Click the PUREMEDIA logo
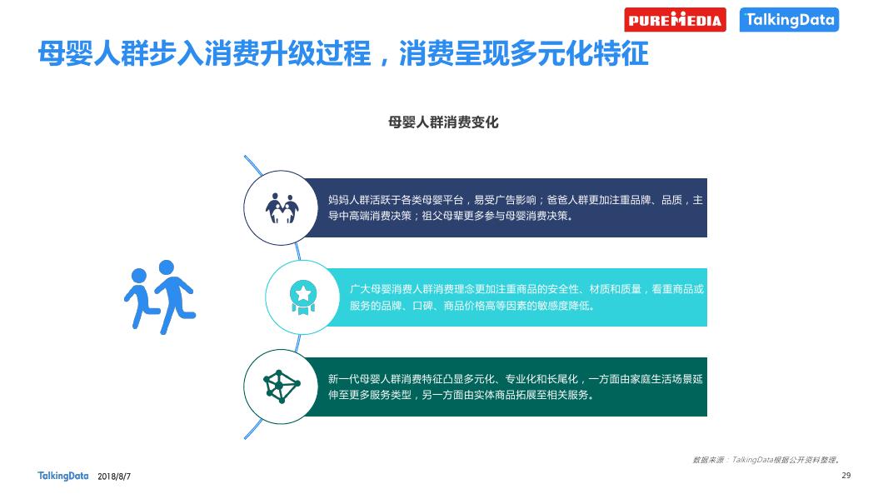pos(675,20)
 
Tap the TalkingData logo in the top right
pos(789,20)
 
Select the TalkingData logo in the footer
pos(62,476)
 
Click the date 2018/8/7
pos(114,477)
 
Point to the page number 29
pos(846,475)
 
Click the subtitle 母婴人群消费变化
pos(443,122)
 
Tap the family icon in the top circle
pos(282,208)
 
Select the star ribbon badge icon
pos(303,297)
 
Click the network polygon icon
pos(282,387)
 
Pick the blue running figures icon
pos(160,297)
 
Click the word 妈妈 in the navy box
pos(338,200)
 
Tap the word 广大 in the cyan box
pos(360,289)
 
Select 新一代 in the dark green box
pos(343,379)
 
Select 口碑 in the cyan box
pos(422,306)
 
